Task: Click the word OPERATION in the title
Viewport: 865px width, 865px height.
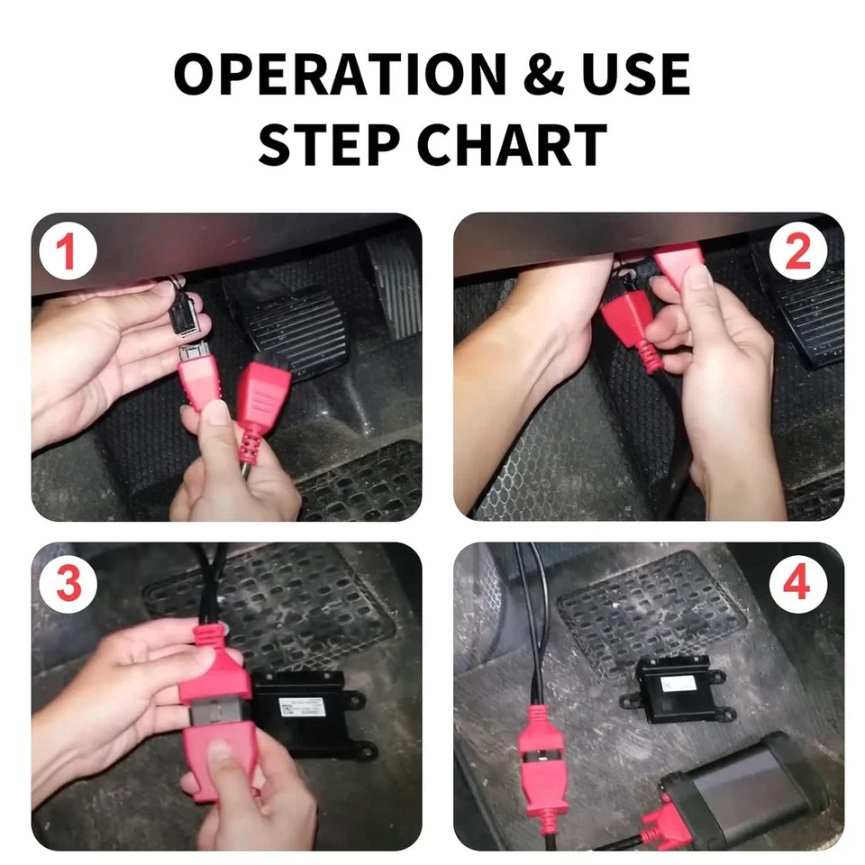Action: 340,74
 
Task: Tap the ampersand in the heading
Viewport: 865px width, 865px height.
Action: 543,74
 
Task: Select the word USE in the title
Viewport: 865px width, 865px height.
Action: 635,74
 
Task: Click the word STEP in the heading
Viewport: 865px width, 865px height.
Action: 329,144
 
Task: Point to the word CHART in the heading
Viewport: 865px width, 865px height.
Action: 512,144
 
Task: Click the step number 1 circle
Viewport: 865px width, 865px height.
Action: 68,252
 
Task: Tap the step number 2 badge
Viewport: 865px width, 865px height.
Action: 797,252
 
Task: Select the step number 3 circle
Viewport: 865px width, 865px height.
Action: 68,584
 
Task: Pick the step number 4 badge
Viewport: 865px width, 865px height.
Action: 797,583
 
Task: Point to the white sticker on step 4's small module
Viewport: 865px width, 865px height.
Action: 678,684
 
